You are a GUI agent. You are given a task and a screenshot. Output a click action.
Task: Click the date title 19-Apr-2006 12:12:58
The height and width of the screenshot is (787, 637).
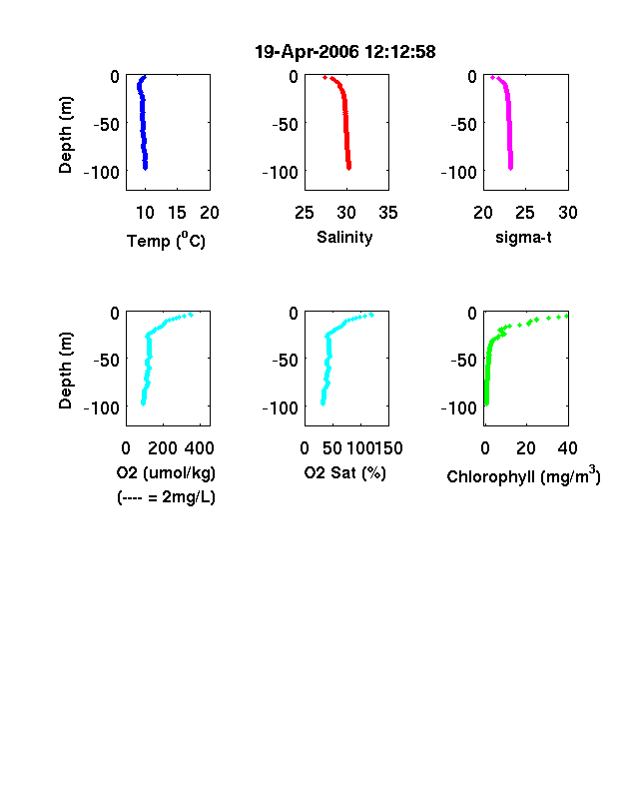(345, 52)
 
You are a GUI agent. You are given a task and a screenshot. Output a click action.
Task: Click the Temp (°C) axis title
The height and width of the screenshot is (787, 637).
(166, 240)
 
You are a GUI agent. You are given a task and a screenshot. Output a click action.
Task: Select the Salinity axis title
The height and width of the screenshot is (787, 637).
(344, 237)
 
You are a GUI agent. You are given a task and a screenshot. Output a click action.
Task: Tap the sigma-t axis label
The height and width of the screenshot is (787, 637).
(523, 237)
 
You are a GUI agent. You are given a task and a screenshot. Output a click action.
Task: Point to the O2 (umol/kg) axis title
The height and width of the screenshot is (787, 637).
(166, 472)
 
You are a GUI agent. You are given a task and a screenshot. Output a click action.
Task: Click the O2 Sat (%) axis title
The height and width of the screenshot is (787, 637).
(345, 472)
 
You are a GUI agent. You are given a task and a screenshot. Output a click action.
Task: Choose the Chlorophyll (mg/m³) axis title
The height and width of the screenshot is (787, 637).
(523, 474)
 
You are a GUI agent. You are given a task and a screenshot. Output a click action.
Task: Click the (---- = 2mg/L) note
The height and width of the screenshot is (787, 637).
(166, 497)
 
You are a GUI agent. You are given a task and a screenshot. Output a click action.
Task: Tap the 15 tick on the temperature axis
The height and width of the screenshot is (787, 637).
(177, 213)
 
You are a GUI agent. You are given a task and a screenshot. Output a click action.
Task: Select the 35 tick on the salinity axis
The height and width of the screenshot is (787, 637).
(388, 213)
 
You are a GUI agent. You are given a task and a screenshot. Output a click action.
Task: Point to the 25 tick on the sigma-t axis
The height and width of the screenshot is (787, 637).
(524, 213)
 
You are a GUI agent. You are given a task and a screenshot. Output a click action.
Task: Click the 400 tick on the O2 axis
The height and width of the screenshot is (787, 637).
(199, 448)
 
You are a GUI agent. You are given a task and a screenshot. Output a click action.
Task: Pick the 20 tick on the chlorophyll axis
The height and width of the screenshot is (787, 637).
(525, 448)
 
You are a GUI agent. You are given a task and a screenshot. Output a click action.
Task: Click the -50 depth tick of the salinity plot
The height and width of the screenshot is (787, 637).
(285, 124)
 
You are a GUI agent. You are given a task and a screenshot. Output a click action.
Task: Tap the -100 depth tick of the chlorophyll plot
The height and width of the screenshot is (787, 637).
(459, 407)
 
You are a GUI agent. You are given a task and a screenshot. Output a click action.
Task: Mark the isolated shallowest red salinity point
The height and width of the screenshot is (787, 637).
(325, 77)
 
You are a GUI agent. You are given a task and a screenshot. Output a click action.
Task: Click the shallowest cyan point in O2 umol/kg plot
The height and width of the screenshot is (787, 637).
(191, 315)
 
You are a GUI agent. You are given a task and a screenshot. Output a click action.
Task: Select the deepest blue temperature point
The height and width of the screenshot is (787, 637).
(145, 168)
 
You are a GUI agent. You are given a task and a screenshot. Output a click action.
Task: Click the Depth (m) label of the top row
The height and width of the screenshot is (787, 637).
(65, 135)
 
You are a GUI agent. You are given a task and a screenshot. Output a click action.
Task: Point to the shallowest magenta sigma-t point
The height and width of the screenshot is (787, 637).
(492, 77)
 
